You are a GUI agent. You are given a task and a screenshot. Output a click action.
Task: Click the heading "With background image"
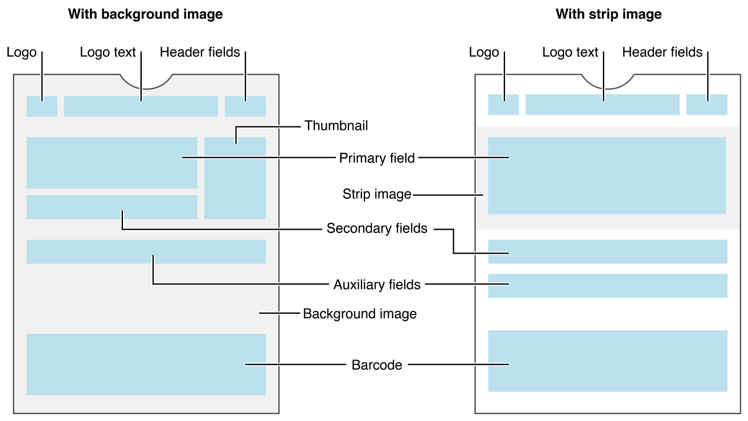pos(145,14)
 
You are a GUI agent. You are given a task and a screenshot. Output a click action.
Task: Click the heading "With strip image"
pos(609,14)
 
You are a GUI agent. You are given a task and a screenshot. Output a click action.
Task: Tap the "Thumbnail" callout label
pos(336,125)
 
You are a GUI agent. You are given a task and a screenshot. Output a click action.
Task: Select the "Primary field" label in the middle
pos(377,158)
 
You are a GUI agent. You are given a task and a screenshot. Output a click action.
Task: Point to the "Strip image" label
pos(377,194)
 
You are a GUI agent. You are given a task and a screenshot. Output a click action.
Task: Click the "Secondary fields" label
pos(377,228)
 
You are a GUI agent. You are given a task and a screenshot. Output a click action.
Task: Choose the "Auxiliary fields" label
pos(377,284)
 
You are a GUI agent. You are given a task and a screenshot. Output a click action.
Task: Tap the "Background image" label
pos(360,313)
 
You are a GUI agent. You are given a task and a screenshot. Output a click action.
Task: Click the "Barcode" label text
pos(377,365)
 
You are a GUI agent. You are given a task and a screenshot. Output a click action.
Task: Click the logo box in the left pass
pos(42,107)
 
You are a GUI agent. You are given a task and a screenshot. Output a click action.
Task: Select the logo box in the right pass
pos(503,105)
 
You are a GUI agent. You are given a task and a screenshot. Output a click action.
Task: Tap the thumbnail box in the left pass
pos(235,178)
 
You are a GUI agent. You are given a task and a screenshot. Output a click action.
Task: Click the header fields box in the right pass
pos(707,105)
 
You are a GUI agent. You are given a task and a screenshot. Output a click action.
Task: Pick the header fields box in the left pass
pos(245,107)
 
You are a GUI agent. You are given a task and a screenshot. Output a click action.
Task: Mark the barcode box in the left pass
pos(146,365)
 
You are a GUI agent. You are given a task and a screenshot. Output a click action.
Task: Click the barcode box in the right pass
pos(607,361)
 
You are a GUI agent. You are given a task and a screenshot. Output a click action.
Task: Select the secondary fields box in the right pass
pos(607,252)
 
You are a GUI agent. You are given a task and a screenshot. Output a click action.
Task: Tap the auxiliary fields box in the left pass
pos(146,252)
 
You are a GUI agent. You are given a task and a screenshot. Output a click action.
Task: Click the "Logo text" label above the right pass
pos(570,52)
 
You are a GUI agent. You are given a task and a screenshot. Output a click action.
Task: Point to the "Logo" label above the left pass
pos(22,52)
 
